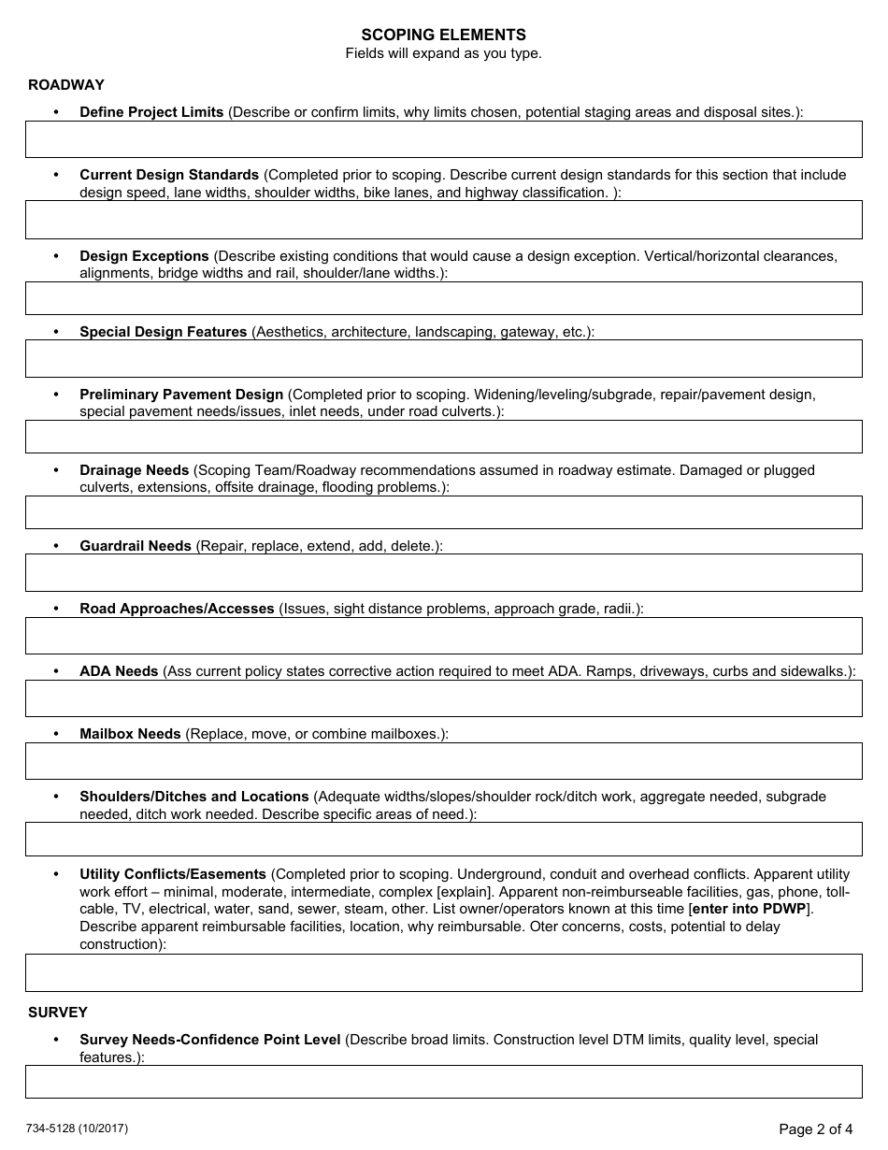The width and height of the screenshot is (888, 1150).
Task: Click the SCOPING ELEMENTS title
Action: (x=443, y=36)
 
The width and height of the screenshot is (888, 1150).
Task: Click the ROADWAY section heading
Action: (x=66, y=85)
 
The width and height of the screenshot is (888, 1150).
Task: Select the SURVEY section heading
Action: (x=58, y=1012)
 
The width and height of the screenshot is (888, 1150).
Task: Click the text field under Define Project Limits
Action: (x=443, y=139)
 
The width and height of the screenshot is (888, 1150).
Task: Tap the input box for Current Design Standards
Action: (x=443, y=220)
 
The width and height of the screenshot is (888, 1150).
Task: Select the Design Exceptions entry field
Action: (x=443, y=298)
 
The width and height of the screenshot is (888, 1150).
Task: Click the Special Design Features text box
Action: (x=443, y=358)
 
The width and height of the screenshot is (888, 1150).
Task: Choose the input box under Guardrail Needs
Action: (x=443, y=572)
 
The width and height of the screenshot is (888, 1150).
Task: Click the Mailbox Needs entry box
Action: (x=443, y=761)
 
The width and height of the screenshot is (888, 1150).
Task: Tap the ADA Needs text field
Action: (x=443, y=698)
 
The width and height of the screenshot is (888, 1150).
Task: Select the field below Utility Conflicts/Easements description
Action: (x=443, y=972)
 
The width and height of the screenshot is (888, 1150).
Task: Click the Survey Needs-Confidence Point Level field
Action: (x=443, y=1082)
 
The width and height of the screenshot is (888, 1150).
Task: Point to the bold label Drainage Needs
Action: (x=135, y=470)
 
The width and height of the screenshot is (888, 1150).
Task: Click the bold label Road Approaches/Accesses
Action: (x=177, y=609)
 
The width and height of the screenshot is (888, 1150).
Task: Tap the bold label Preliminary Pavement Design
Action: (x=181, y=395)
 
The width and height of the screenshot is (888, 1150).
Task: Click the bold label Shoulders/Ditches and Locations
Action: (x=194, y=797)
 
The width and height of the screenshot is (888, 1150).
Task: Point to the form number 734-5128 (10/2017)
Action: (x=79, y=1128)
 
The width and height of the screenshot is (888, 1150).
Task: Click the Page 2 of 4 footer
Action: (x=815, y=1129)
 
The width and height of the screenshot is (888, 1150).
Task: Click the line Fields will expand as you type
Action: (x=443, y=53)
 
